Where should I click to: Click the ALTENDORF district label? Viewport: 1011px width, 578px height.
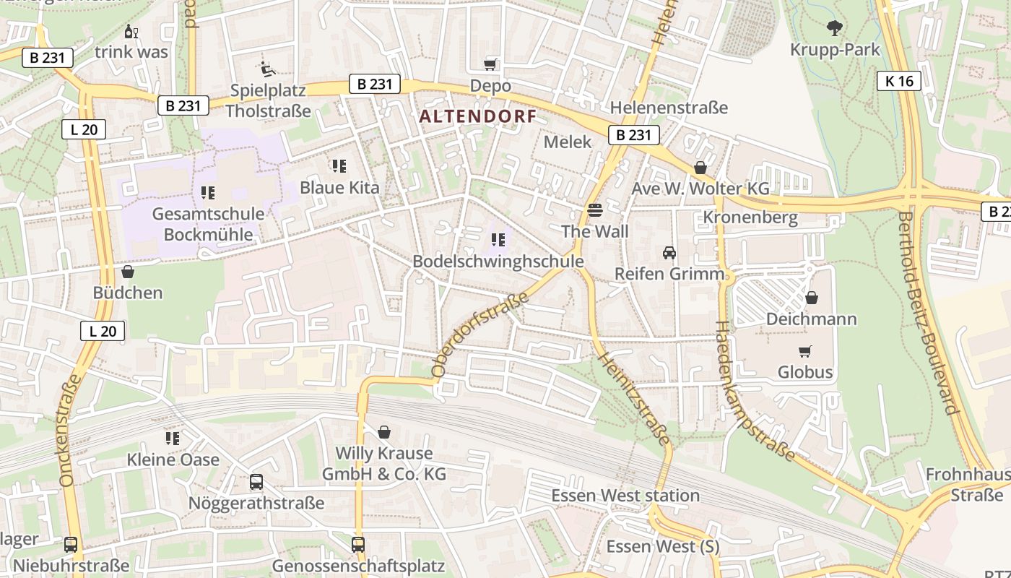point(477,116)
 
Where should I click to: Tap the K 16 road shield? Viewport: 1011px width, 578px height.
point(899,81)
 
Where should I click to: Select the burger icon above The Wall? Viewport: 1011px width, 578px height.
point(595,210)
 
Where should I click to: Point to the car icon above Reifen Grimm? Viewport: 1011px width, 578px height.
point(669,253)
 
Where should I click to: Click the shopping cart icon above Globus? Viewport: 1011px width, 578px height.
point(804,351)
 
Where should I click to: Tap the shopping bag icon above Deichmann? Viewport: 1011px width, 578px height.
point(812,298)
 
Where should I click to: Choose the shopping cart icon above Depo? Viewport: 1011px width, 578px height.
point(491,64)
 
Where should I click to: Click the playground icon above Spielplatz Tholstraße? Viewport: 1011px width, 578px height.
point(267,69)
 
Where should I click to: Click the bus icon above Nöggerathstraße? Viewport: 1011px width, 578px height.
point(256,482)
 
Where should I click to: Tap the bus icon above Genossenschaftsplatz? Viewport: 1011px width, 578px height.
point(358,544)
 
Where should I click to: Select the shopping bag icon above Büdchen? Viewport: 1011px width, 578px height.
point(128,272)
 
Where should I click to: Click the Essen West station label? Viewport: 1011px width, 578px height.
point(625,496)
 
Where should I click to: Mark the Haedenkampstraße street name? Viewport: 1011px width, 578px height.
point(754,391)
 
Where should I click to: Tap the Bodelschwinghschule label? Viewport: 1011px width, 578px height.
point(498,262)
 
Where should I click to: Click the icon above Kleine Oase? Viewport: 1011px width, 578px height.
point(173,439)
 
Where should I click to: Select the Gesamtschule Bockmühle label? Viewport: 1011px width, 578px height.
point(208,224)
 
